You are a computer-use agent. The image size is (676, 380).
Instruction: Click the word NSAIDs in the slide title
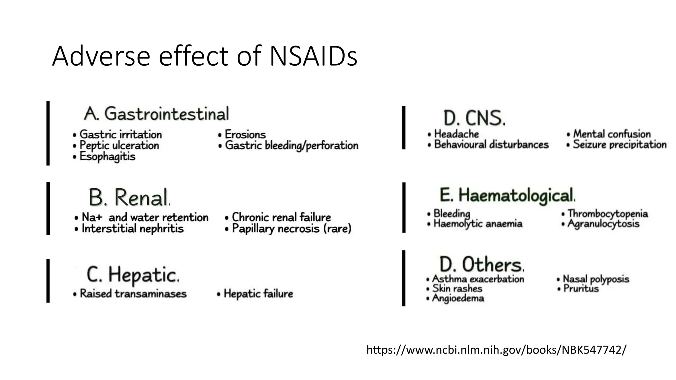pyautogui.click(x=313, y=56)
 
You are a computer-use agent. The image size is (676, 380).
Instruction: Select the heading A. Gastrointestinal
pyautogui.click(x=156, y=114)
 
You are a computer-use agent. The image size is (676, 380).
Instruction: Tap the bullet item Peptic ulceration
pyautogui.click(x=119, y=145)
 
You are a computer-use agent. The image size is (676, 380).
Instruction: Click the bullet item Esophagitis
pyautogui.click(x=107, y=156)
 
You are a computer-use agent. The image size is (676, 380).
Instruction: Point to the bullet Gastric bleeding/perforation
pyautogui.click(x=291, y=145)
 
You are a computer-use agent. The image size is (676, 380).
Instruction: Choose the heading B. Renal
pyautogui.click(x=129, y=198)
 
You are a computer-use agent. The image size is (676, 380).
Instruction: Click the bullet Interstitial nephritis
pyautogui.click(x=132, y=229)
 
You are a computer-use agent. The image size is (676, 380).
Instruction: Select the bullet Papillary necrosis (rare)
pyautogui.click(x=291, y=229)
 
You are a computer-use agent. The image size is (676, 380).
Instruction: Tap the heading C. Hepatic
pyautogui.click(x=133, y=274)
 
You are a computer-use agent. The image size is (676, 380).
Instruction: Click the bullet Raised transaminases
pyautogui.click(x=133, y=294)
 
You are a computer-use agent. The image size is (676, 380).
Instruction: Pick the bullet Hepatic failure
pyautogui.click(x=258, y=294)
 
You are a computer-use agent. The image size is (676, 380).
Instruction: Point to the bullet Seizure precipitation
pyautogui.click(x=620, y=144)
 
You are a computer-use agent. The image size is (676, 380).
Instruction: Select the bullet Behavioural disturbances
pyautogui.click(x=491, y=144)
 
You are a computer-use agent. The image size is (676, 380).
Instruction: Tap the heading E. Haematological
pyautogui.click(x=507, y=195)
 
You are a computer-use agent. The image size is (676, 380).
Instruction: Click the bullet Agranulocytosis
pyautogui.click(x=603, y=224)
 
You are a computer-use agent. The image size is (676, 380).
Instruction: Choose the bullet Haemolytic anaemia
pyautogui.click(x=478, y=224)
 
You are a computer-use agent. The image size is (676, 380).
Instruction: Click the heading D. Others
pyautogui.click(x=481, y=264)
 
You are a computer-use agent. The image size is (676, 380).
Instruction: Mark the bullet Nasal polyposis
pyautogui.click(x=596, y=279)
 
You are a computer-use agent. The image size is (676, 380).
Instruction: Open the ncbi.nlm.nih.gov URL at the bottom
pyautogui.click(x=496, y=350)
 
